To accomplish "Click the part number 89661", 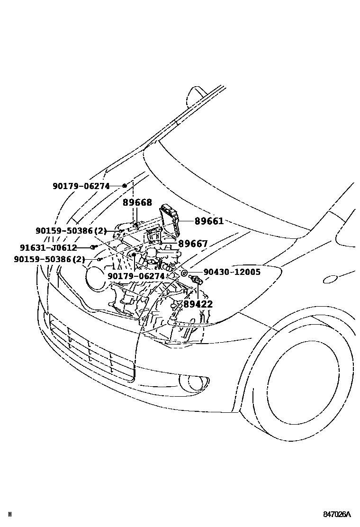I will click(208, 221).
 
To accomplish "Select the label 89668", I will click(137, 203).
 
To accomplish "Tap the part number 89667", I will click(193, 244).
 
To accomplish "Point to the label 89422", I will click(198, 304).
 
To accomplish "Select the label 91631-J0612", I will click(48, 247).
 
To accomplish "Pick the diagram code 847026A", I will click(337, 514).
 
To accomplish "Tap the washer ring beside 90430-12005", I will click(184, 273).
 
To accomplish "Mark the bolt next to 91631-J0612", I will click(94, 247).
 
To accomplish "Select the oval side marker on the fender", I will click(330, 279).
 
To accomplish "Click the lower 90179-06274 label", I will click(135, 276).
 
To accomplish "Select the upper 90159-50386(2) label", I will click(71, 231).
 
